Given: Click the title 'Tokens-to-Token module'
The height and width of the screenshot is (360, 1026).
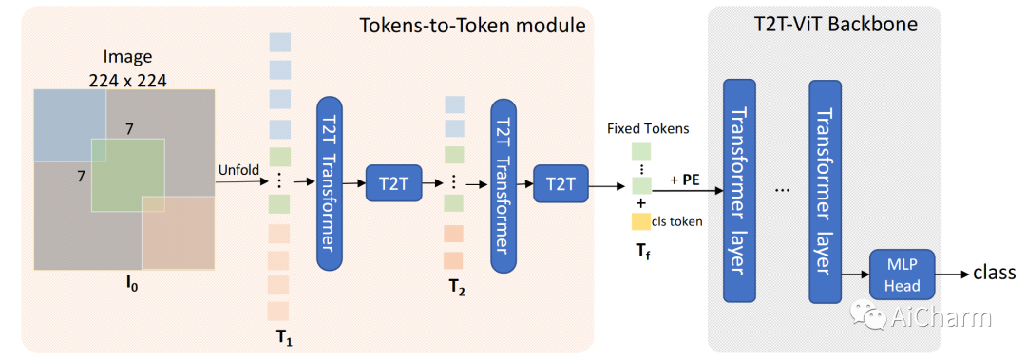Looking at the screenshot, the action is click(472, 26).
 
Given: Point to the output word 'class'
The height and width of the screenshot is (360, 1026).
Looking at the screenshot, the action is click(995, 273).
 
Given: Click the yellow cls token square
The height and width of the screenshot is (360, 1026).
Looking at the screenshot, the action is click(640, 221).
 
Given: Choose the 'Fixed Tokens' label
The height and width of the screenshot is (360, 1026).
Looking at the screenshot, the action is click(648, 129).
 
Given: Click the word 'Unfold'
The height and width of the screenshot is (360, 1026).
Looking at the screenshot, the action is click(238, 170).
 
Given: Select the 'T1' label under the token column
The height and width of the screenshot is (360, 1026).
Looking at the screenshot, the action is click(284, 338).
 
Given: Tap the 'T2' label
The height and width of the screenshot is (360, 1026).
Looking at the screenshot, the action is click(457, 289).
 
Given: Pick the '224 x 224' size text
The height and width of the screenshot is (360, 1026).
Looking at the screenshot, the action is click(127, 81).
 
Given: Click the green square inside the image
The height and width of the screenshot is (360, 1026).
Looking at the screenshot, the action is click(127, 175).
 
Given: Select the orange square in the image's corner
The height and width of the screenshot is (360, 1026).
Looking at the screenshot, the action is click(179, 233).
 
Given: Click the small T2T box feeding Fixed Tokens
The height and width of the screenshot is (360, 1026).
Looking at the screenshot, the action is click(560, 185).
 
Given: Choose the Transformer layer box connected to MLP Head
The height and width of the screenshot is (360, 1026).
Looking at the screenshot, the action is click(826, 191).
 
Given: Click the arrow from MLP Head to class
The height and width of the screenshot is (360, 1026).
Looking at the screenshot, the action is click(953, 275).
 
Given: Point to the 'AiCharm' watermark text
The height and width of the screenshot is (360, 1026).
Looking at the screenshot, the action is click(940, 318).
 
